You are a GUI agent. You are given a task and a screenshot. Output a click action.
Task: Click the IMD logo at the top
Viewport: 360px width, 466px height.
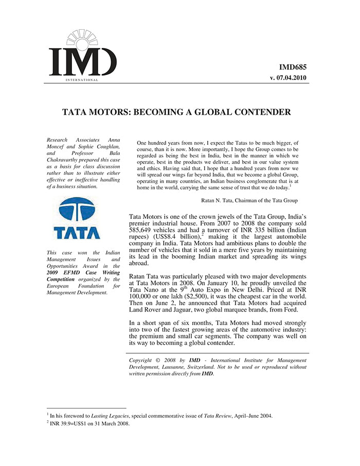[x=82, y=57]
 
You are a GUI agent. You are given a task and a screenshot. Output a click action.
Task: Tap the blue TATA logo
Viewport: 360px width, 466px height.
[x=77, y=219]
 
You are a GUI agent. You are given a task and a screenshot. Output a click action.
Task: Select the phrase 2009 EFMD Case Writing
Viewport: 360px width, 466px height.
[x=83, y=273]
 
